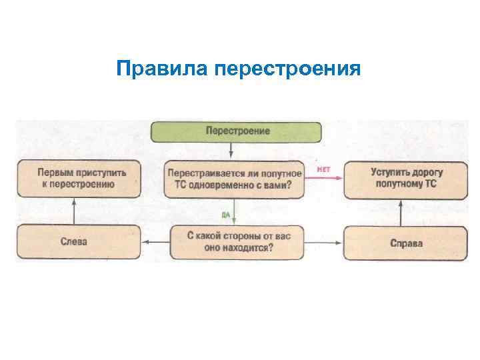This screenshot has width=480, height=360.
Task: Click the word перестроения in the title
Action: [289, 69]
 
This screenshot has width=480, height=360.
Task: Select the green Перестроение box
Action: [237, 131]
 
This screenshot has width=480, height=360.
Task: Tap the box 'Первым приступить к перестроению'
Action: [79, 179]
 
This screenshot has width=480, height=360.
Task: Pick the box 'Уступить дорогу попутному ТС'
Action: [406, 179]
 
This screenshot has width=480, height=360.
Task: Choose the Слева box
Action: [79, 243]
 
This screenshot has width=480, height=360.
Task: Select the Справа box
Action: [406, 243]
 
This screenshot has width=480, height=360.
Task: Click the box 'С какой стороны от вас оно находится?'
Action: [239, 242]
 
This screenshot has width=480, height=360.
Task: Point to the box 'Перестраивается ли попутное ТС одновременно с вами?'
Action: [235, 179]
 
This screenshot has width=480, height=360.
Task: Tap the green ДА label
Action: [226, 214]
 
